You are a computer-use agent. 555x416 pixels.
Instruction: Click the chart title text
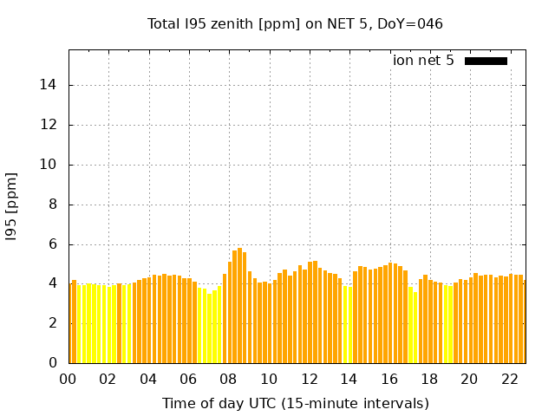[x=295, y=24]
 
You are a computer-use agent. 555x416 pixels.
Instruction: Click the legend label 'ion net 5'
[x=423, y=61]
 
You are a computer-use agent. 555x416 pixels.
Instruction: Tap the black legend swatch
[x=486, y=61]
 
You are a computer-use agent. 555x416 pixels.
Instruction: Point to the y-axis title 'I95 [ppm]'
[x=12, y=206]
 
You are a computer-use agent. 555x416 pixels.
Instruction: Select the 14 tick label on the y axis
[x=50, y=85]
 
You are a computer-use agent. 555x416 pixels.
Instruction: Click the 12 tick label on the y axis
[x=50, y=125]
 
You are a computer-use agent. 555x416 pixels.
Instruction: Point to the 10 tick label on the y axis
[x=50, y=165]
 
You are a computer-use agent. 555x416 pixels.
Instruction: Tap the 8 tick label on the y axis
[x=54, y=205]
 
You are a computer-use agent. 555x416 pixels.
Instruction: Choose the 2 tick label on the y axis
[x=54, y=323]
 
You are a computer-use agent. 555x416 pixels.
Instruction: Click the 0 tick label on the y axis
[x=54, y=363]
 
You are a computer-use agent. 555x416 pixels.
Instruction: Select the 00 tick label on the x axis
[x=69, y=380]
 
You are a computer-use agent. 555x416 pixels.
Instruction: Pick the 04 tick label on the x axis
[x=148, y=380]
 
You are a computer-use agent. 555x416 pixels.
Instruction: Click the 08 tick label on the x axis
[x=228, y=380]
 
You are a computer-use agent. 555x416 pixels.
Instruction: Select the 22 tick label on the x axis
[x=510, y=380]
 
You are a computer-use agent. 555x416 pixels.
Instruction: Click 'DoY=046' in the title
[x=413, y=24]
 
